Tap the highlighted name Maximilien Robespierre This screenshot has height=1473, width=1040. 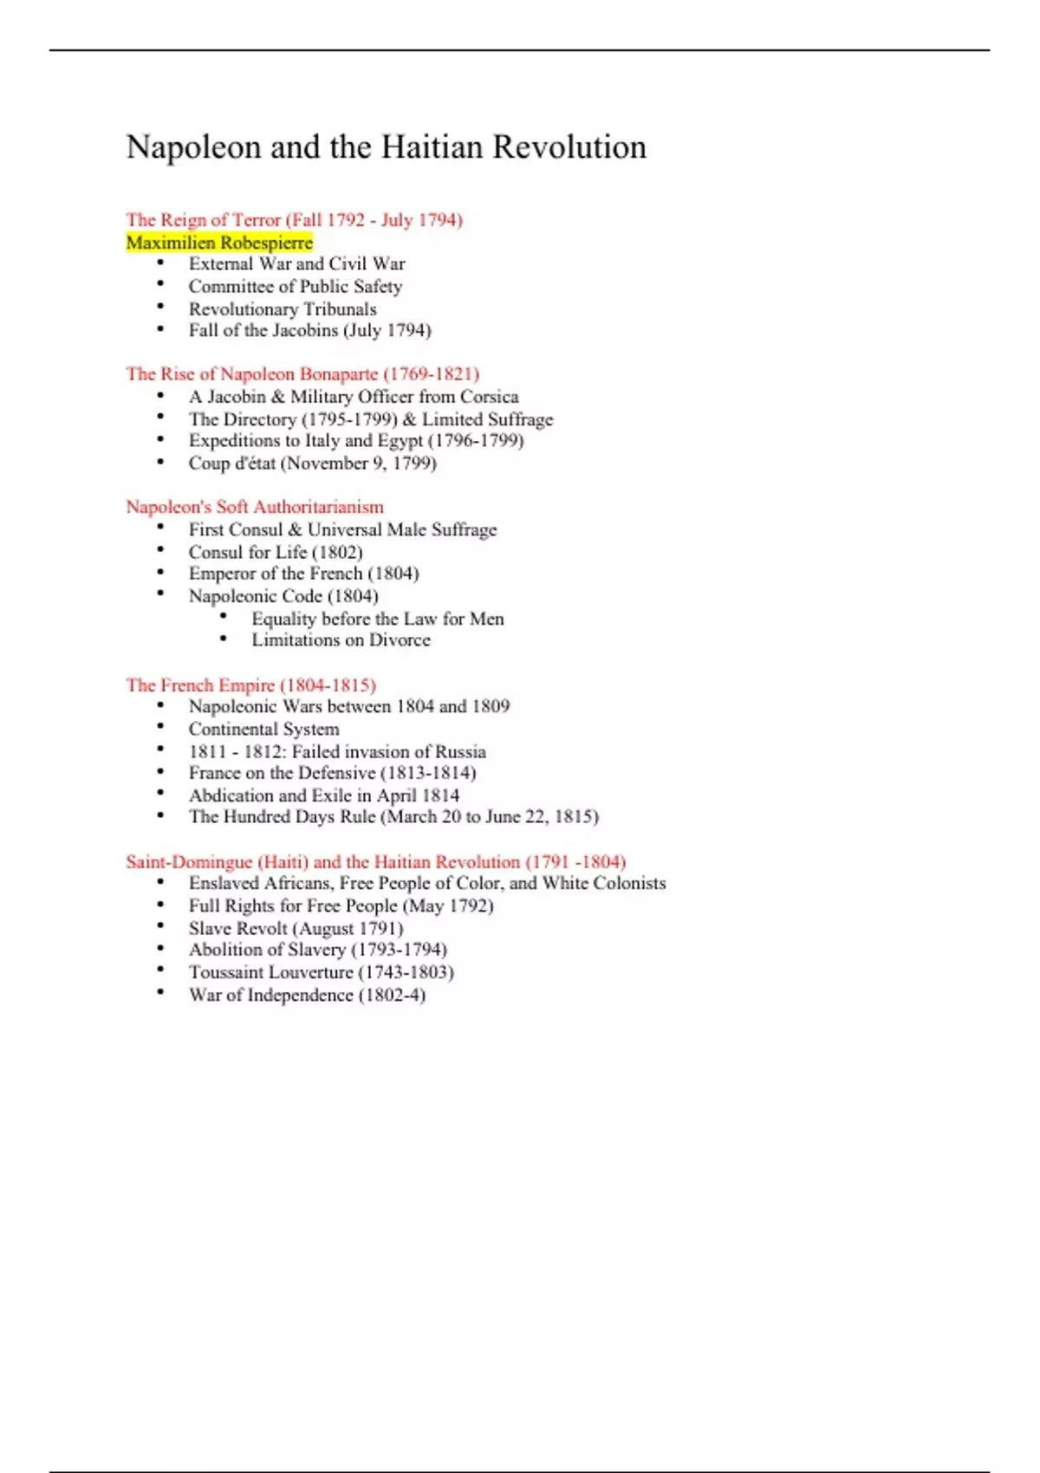(219, 243)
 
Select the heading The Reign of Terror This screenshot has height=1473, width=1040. (204, 220)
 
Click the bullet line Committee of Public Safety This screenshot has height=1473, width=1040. (295, 287)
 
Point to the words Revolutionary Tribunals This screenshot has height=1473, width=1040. (283, 309)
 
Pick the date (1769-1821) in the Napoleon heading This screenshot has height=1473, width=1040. (431, 374)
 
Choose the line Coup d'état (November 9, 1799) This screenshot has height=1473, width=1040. (312, 464)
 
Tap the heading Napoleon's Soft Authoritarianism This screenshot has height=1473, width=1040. (255, 507)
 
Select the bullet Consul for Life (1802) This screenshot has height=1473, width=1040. (276, 553)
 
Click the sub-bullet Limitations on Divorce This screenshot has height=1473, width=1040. (341, 640)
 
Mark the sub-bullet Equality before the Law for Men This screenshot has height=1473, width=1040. (377, 619)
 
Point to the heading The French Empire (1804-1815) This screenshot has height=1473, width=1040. (250, 685)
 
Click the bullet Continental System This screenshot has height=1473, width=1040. (263, 730)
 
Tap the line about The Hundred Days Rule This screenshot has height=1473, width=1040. (393, 817)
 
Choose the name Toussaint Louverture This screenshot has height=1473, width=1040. (270, 972)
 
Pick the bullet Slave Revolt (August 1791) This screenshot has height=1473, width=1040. (296, 929)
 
